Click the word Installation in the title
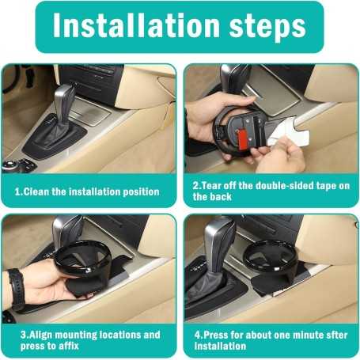(136, 26)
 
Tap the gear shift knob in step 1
(65, 99)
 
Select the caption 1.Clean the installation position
(87, 191)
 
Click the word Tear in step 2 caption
(211, 185)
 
